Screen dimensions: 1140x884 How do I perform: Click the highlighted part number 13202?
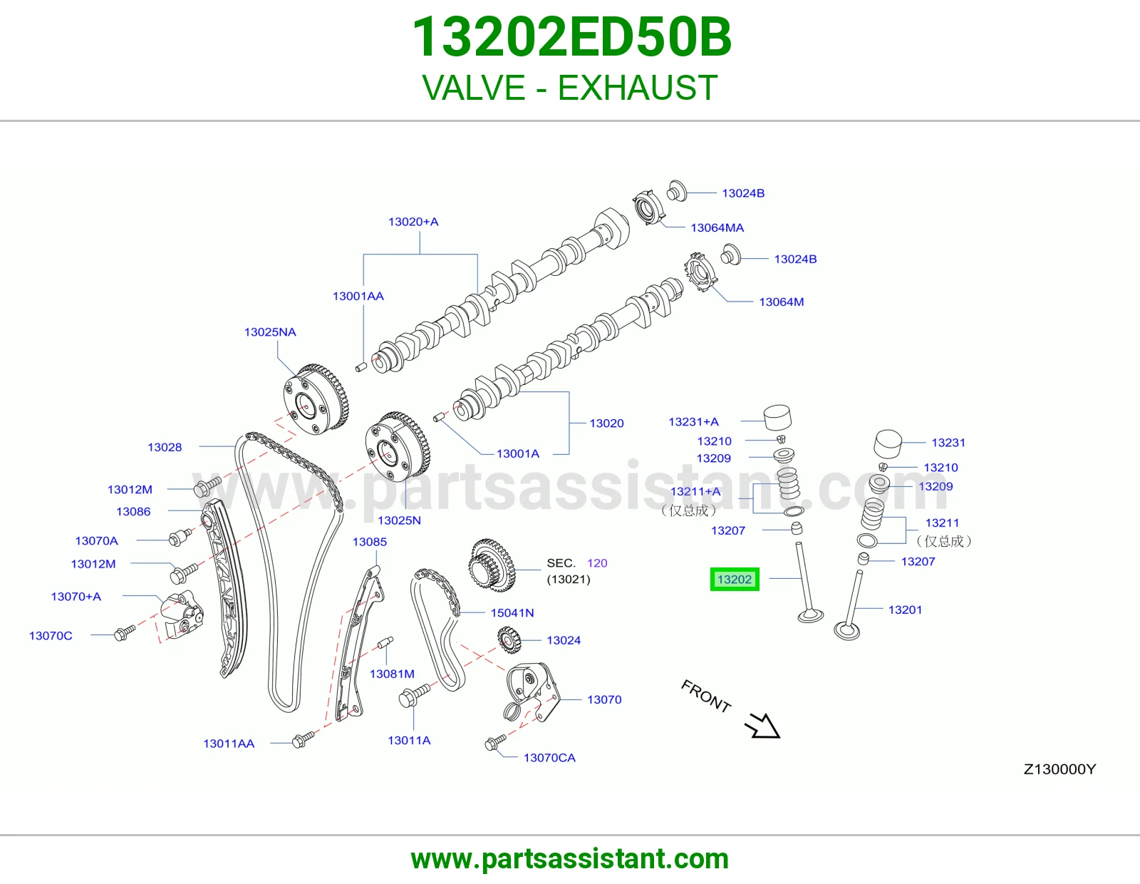coord(735,579)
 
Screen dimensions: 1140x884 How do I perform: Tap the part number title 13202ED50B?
coord(571,37)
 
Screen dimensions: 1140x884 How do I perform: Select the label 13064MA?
coord(717,228)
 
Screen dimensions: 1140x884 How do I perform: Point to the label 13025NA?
coord(270,331)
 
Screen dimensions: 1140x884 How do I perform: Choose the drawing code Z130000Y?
coord(1059,769)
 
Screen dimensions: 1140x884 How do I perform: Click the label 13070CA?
coord(549,758)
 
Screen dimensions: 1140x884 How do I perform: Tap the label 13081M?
coord(392,674)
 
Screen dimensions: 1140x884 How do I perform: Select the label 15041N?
coord(512,612)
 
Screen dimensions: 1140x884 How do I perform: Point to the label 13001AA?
coord(358,296)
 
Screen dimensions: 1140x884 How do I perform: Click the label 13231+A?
coord(693,421)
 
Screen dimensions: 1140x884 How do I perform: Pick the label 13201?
coord(905,610)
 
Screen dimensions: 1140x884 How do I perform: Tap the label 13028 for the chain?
coord(165,447)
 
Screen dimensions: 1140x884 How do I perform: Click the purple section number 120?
coord(597,563)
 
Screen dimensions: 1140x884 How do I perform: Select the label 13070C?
coord(51,636)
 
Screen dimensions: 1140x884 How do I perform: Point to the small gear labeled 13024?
coord(509,641)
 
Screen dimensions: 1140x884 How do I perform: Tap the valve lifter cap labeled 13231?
coord(888,444)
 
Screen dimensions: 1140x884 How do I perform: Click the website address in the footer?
coord(570,859)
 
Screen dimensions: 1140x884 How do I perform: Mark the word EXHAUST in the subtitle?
coord(638,88)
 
